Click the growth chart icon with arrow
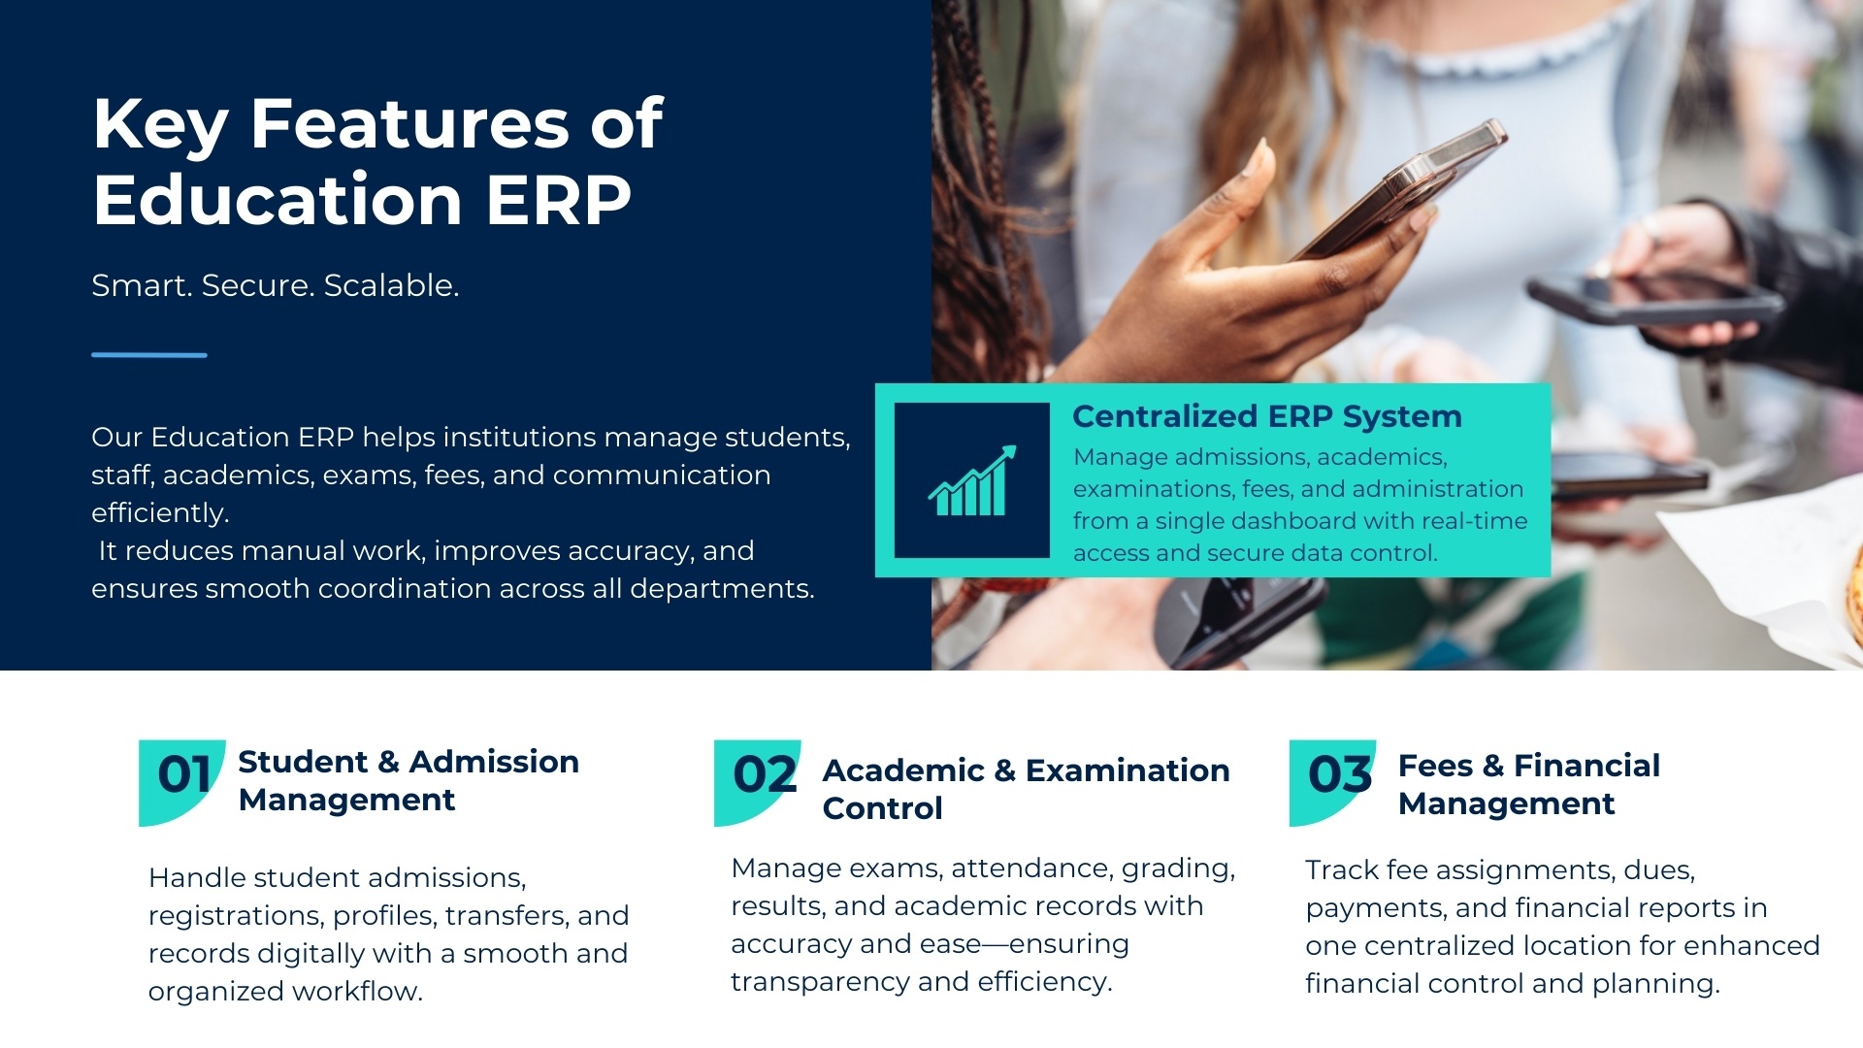click(971, 480)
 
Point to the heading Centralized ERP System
click(1266, 416)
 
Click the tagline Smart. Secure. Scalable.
click(275, 285)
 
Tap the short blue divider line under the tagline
click(149, 355)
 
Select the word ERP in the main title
click(558, 200)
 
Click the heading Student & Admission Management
click(408, 780)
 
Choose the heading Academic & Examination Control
click(1026, 789)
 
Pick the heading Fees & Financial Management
click(1528, 784)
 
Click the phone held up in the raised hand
click(1407, 189)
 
